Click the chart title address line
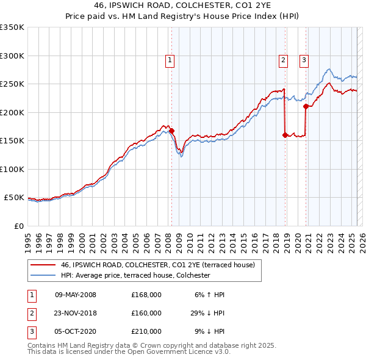click(182, 5)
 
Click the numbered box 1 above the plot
click(169, 60)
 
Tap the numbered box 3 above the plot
click(304, 60)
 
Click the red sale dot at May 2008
click(172, 131)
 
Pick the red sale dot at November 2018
click(285, 135)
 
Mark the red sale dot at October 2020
click(306, 107)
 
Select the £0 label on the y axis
click(18, 226)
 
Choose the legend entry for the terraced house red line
click(161, 265)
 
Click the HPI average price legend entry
click(135, 276)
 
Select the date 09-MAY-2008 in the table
click(75, 295)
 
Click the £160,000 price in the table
click(146, 313)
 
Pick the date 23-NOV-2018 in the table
click(75, 313)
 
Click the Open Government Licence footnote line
click(129, 352)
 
